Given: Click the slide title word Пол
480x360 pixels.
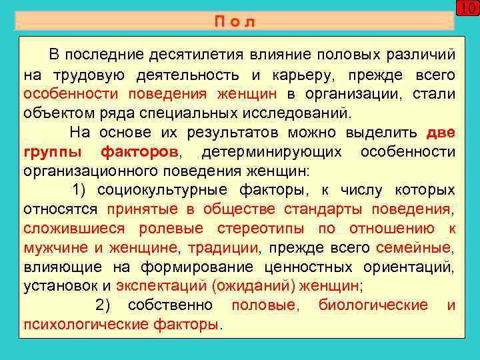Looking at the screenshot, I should (x=235, y=21).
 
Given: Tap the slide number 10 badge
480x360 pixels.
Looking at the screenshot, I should (x=469, y=9).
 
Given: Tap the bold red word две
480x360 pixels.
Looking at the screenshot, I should (x=441, y=132).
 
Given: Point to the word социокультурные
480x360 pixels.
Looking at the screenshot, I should (x=161, y=190).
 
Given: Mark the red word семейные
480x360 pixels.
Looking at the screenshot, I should (x=413, y=248).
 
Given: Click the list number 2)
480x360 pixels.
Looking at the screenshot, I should (x=107, y=306).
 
